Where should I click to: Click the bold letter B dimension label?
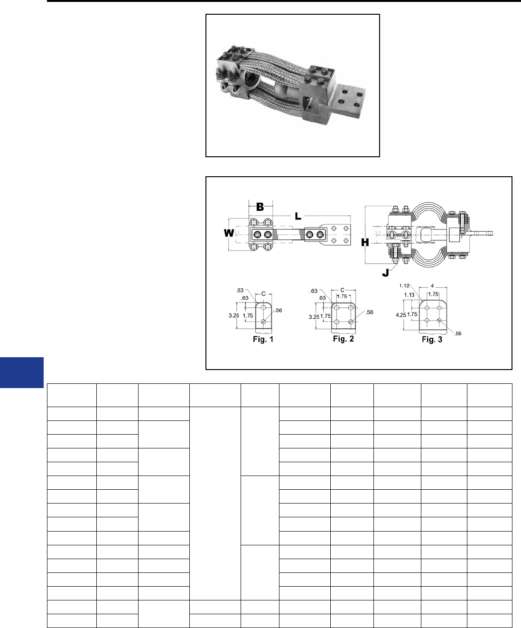point(260,207)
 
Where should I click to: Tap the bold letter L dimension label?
point(298,216)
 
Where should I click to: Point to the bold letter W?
point(229,233)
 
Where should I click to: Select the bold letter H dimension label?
point(365,242)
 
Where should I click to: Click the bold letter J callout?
point(385,273)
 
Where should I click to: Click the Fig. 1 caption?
point(263,339)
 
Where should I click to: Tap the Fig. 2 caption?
point(344,339)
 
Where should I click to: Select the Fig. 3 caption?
point(432,340)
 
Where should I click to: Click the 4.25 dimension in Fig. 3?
point(401,315)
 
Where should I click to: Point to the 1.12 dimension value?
point(404,285)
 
